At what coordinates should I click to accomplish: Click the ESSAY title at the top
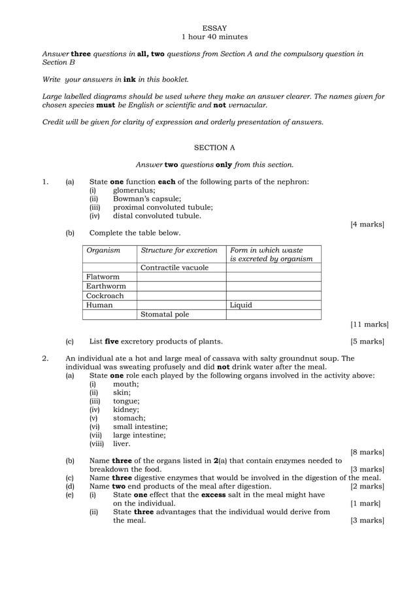[214, 28]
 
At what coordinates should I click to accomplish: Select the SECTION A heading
[214, 148]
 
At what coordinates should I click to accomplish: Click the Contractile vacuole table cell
[175, 268]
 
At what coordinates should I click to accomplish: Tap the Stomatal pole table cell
[165, 314]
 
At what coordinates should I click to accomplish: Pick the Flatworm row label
[103, 277]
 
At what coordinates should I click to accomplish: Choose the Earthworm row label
[106, 286]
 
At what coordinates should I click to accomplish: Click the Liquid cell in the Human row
[241, 305]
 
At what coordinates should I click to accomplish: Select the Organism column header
[103, 250]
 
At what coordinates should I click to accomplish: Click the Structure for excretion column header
[179, 250]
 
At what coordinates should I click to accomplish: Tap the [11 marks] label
[369, 324]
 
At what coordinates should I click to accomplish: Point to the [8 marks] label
[367, 452]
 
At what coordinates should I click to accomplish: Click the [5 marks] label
[367, 341]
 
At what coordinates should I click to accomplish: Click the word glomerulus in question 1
[134, 190]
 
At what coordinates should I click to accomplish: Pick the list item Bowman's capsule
[147, 199]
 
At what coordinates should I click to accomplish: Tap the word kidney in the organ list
[125, 409]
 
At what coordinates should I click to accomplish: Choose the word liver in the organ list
[122, 443]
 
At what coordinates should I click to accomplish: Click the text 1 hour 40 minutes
[214, 37]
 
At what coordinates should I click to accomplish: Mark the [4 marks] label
[367, 224]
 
